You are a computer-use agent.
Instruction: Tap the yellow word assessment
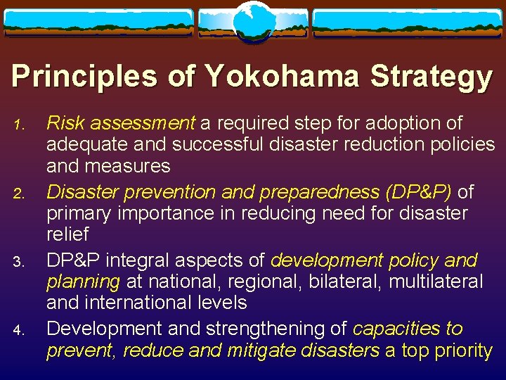(141, 124)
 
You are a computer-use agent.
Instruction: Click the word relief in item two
(67, 234)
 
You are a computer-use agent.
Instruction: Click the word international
(141, 303)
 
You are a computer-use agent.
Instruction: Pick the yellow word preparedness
(295, 192)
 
